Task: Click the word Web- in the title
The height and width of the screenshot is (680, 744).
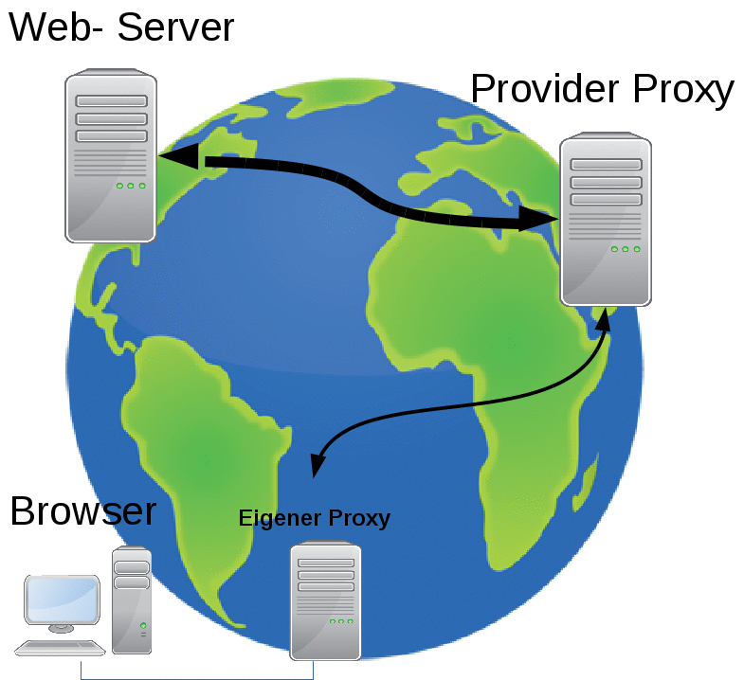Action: pyautogui.click(x=57, y=27)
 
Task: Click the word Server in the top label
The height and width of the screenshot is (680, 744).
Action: pyautogui.click(x=176, y=27)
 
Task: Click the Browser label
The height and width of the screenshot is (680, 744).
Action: pyautogui.click(x=82, y=511)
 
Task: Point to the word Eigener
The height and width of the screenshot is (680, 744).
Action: pyautogui.click(x=280, y=518)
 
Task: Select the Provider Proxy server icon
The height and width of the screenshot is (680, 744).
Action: pyautogui.click(x=605, y=221)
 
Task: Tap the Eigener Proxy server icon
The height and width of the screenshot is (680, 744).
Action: pyautogui.click(x=325, y=600)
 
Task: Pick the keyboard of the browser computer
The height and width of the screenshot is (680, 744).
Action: pyautogui.click(x=60, y=648)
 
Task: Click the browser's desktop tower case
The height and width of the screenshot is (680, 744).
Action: pyautogui.click(x=132, y=600)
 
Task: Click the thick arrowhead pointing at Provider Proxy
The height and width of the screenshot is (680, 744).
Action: pyautogui.click(x=540, y=220)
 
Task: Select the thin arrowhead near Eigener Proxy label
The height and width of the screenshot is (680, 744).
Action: pyautogui.click(x=318, y=465)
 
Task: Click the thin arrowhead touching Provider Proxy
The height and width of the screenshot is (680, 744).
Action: pyautogui.click(x=603, y=320)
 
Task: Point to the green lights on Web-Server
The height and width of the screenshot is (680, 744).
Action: pyautogui.click(x=131, y=186)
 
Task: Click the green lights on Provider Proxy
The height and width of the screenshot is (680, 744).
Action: pyautogui.click(x=626, y=249)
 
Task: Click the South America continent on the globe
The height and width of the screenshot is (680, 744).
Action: pyautogui.click(x=204, y=445)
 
